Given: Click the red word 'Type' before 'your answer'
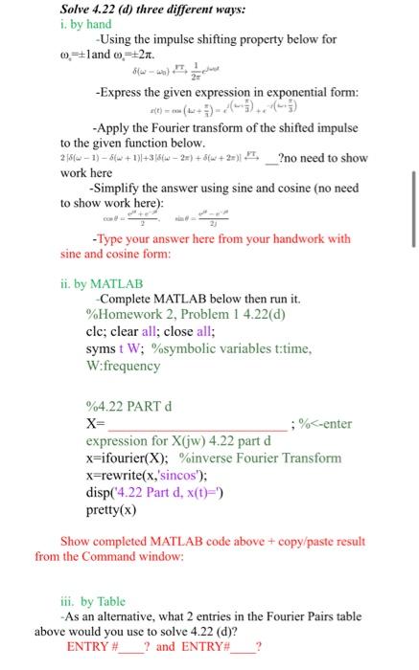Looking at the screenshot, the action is click(x=107, y=240).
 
